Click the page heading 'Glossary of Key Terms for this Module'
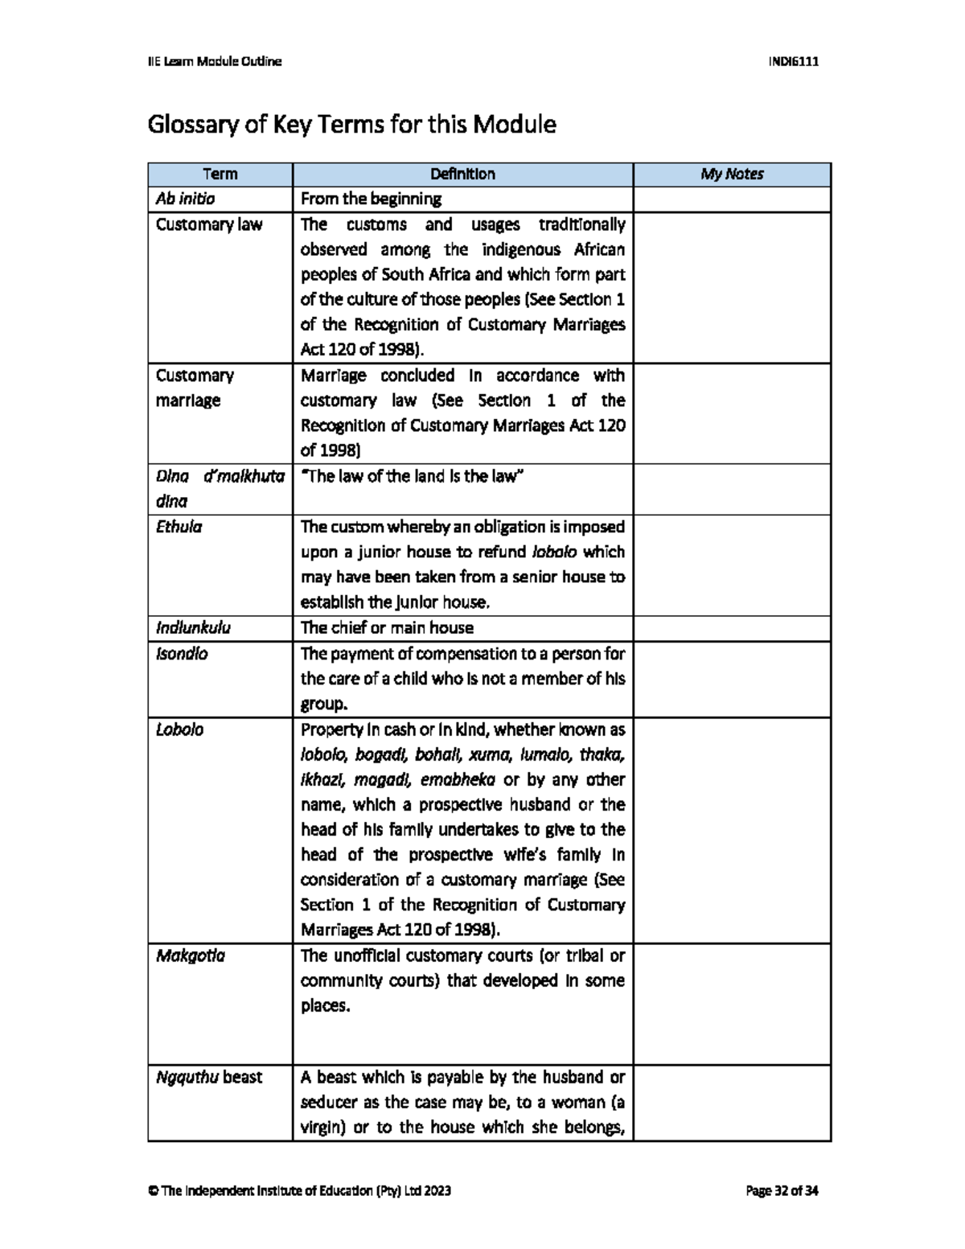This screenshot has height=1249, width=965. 351,125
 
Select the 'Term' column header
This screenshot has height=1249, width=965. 220,174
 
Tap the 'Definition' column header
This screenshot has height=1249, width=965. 462,174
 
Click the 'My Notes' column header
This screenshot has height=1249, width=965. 732,174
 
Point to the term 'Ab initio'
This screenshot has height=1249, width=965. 185,199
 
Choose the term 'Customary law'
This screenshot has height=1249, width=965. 209,224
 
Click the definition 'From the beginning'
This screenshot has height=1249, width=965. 371,199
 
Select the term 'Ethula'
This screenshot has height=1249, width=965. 179,527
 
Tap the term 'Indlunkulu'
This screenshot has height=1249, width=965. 194,627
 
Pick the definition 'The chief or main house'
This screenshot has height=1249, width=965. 387,627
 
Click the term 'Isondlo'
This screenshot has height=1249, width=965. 181,653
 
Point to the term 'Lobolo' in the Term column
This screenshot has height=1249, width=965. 179,729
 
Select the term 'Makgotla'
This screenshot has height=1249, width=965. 190,955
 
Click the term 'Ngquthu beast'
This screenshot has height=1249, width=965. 209,1077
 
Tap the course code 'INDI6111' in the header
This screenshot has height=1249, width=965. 793,62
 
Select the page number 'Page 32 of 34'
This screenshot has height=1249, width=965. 782,1191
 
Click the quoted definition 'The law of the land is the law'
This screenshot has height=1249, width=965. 413,476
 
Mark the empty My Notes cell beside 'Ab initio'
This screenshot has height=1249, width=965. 732,199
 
